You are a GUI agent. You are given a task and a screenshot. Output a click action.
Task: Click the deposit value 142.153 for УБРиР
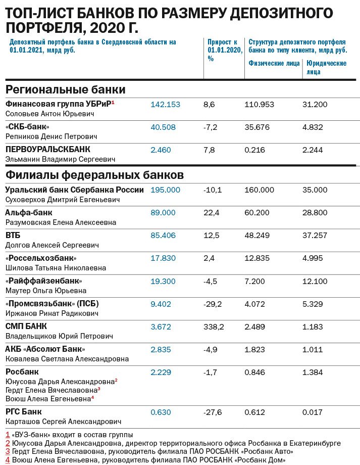[x=165, y=105]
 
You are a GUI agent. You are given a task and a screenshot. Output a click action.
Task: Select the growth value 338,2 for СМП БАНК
[x=214, y=327]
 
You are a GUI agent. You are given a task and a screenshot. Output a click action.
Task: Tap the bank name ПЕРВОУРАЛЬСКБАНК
[x=47, y=150]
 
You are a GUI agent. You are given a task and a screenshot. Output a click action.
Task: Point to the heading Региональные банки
[x=65, y=89]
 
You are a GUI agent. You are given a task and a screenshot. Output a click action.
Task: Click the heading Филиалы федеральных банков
[x=94, y=175]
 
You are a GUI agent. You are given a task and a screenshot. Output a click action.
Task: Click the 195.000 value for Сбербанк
[x=165, y=190]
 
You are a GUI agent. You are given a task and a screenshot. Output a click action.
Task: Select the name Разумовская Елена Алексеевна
[x=61, y=222]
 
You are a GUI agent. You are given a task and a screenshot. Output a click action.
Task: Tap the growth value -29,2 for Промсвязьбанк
[x=213, y=304]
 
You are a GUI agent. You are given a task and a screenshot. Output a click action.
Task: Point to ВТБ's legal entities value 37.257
[x=315, y=236]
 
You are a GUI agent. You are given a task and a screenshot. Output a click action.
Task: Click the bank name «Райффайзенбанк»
[x=43, y=281]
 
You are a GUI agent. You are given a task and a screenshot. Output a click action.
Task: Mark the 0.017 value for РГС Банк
[x=313, y=412]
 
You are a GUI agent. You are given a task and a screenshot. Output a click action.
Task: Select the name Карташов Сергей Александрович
[x=63, y=422]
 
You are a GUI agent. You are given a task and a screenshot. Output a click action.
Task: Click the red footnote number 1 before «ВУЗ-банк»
[x=8, y=435]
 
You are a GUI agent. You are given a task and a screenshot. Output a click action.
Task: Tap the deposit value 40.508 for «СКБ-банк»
[x=163, y=127]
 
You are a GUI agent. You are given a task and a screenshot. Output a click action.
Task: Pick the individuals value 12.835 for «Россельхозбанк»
[x=258, y=258]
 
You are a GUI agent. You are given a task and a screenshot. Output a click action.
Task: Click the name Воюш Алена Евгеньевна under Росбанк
[x=47, y=399]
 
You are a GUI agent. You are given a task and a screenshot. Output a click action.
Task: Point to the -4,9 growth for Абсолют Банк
[x=212, y=350]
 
